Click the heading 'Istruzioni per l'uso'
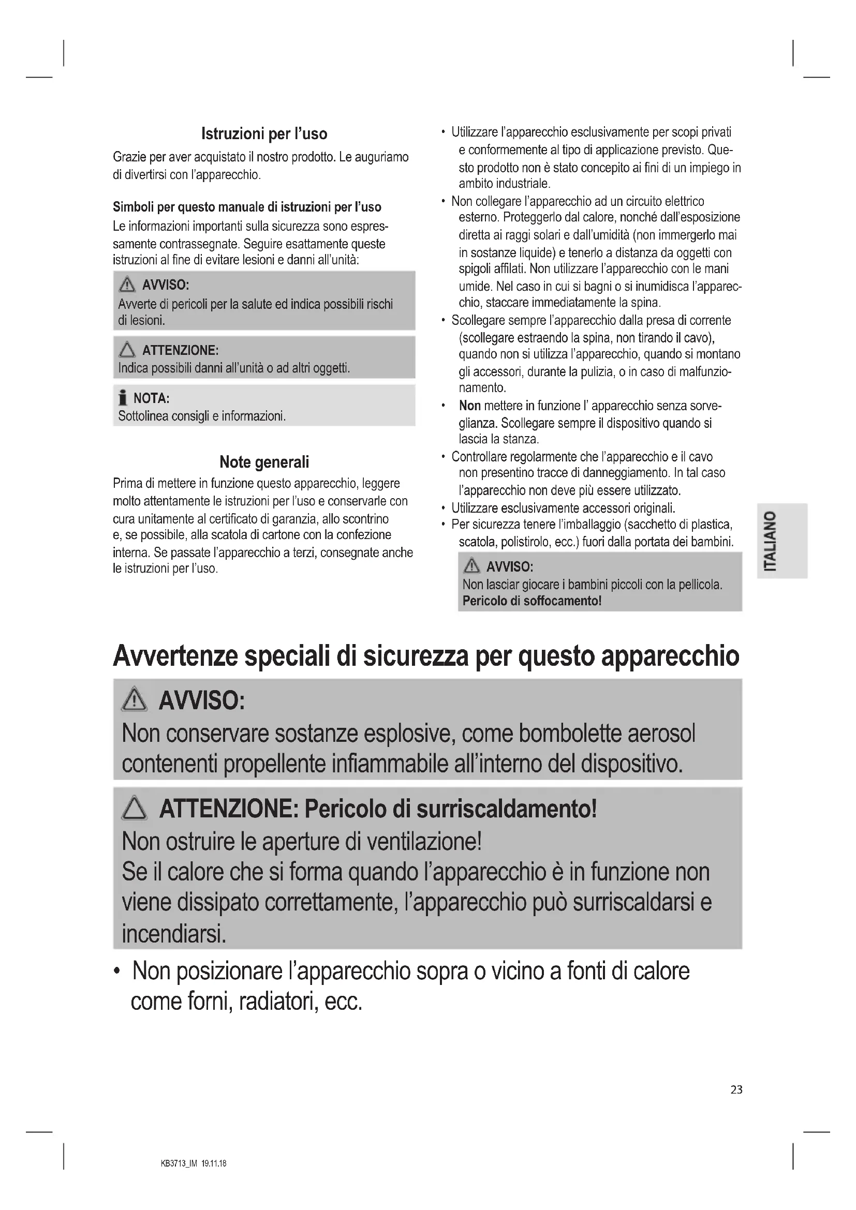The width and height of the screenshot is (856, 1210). (264, 134)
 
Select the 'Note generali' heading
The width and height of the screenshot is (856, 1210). (264, 462)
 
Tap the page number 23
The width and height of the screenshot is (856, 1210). (736, 1089)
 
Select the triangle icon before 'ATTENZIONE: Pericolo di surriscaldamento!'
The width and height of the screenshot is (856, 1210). (135, 808)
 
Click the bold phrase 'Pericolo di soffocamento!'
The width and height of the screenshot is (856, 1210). (532, 601)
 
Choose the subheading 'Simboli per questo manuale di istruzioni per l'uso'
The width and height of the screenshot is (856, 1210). (247, 207)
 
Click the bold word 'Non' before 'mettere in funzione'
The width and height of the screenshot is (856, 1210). (469, 406)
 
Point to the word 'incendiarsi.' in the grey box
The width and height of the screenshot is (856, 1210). (174, 934)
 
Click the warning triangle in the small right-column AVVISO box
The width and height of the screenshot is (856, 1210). (471, 566)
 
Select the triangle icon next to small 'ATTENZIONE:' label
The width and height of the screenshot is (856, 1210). (127, 350)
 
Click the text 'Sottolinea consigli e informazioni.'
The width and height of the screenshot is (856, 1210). (202, 416)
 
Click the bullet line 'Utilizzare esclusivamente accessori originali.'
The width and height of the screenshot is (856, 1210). (563, 508)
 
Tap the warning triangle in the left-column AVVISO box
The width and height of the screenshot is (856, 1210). (127, 285)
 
